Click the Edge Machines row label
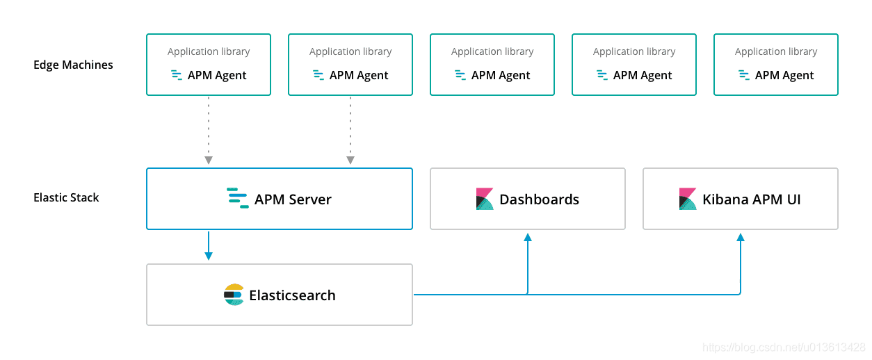click(73, 65)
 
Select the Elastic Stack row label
click(66, 197)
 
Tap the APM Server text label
click(293, 199)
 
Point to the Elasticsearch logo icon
click(234, 295)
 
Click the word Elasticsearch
click(292, 295)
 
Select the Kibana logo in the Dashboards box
click(485, 199)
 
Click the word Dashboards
click(539, 199)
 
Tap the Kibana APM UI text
click(751, 199)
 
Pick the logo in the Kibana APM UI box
click(688, 199)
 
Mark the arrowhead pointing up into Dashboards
click(528, 238)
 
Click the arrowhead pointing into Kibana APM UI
click(741, 238)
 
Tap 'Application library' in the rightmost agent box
click(776, 51)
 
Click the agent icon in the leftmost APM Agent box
click(177, 75)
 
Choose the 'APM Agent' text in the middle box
click(501, 75)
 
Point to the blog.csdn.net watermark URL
click(784, 347)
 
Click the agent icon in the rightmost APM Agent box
click(744, 75)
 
